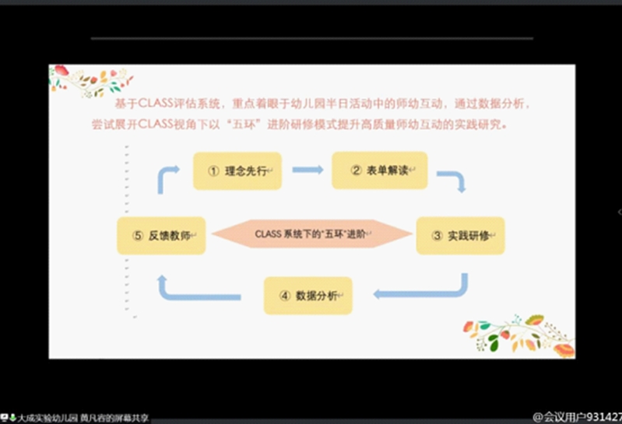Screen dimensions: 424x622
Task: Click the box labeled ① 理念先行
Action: coord(237,171)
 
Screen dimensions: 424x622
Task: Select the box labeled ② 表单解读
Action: coord(379,170)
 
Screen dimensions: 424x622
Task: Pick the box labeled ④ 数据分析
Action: coord(308,296)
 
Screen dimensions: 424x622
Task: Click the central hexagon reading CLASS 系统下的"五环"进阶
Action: coord(312,233)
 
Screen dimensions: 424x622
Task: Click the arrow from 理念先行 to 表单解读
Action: coord(307,170)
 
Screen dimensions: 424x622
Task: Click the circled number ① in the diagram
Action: coord(212,171)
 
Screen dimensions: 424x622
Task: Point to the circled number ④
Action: coord(284,296)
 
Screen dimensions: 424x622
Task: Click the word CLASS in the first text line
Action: coord(155,103)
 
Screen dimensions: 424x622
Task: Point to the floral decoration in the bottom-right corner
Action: coord(520,335)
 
